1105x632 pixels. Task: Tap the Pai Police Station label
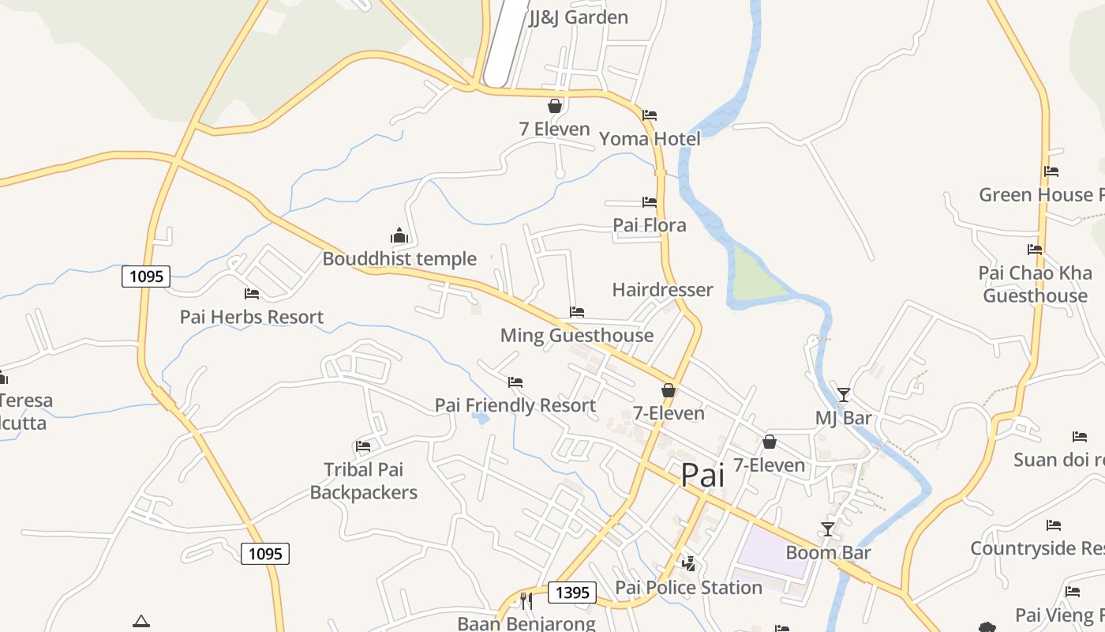[x=688, y=588]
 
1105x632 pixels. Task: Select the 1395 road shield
[x=572, y=592]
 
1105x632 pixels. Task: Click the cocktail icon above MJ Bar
[x=844, y=394]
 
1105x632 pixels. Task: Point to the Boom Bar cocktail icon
[x=828, y=529]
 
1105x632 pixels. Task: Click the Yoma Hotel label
[x=650, y=139]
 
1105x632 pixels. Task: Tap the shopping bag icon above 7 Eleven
[x=555, y=106]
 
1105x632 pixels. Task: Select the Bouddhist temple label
[x=399, y=259]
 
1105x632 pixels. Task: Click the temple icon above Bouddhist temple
[x=399, y=235]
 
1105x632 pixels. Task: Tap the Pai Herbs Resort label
[x=252, y=317]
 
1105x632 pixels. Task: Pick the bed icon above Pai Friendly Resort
[x=515, y=382]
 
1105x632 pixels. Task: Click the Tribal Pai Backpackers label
[x=363, y=481]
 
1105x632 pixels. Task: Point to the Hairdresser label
[x=662, y=290]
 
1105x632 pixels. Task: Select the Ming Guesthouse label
[x=577, y=336]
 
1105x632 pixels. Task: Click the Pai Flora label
[x=650, y=225]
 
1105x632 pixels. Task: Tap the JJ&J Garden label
[x=578, y=17]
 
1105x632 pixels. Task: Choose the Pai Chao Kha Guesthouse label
[x=1035, y=284]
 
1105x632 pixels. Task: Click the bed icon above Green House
[x=1051, y=171]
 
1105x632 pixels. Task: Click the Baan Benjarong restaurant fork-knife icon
[x=526, y=601]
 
